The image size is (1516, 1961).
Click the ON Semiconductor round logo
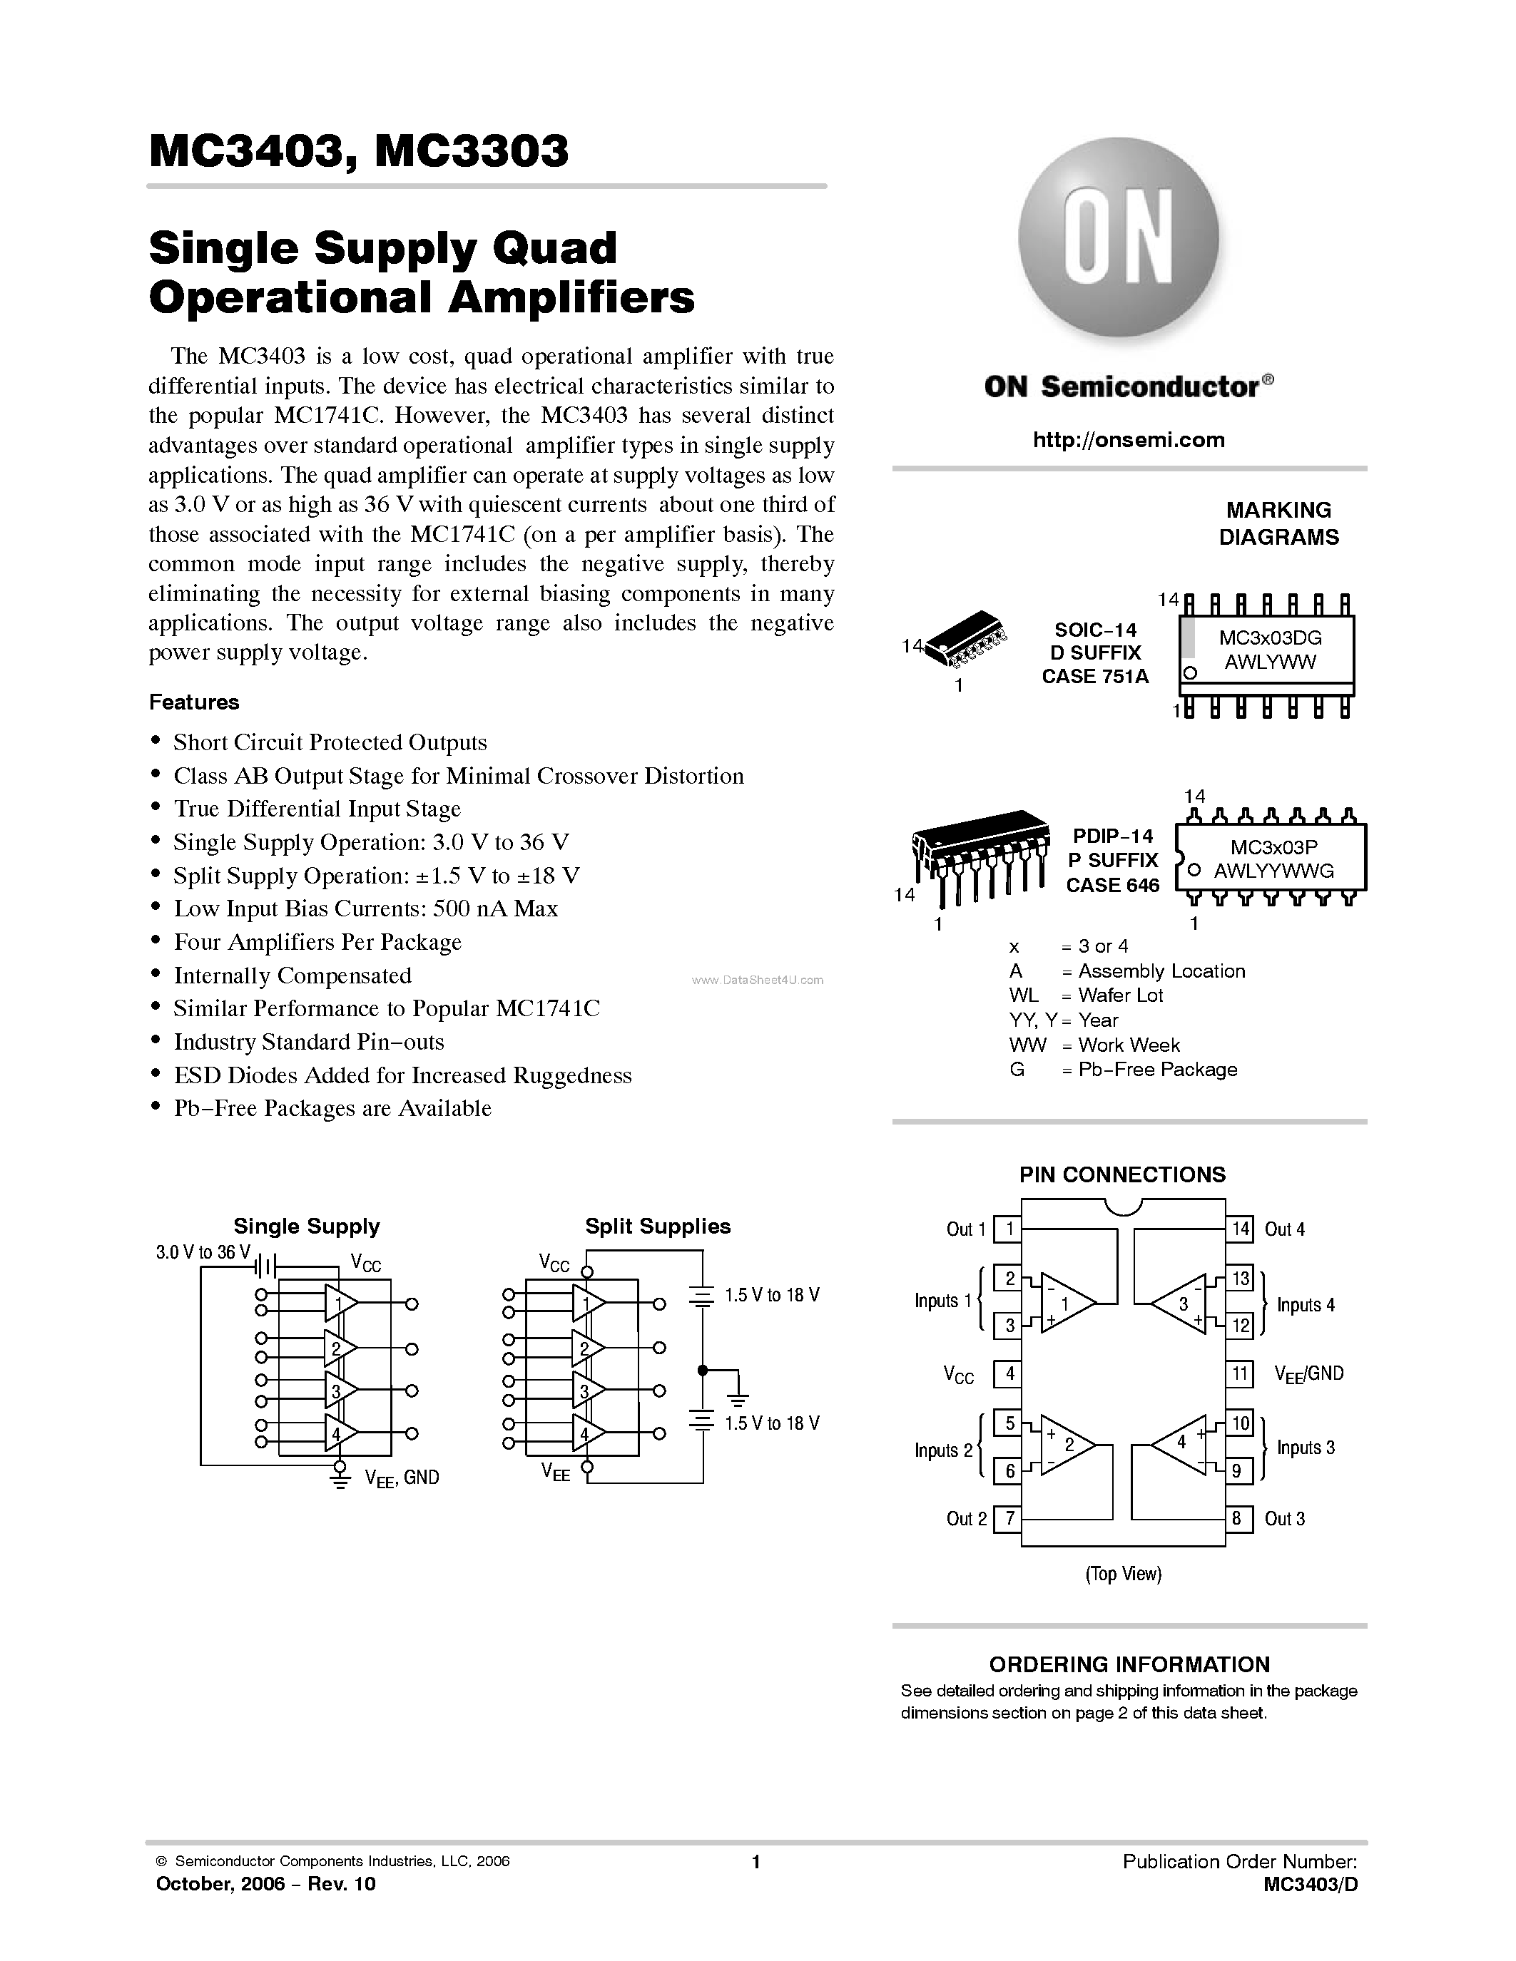[1118, 238]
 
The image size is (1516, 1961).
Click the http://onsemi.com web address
[1129, 440]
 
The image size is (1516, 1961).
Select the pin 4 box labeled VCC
[1009, 1373]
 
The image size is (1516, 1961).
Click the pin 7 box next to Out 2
[1009, 1518]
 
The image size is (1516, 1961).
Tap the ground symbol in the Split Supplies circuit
[738, 1399]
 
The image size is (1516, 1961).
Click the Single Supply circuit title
[306, 1227]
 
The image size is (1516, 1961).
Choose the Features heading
[194, 702]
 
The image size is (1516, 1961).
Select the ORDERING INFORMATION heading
[1129, 1664]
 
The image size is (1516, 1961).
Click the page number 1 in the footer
[756, 1862]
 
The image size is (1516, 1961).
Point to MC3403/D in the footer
[1311, 1885]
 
